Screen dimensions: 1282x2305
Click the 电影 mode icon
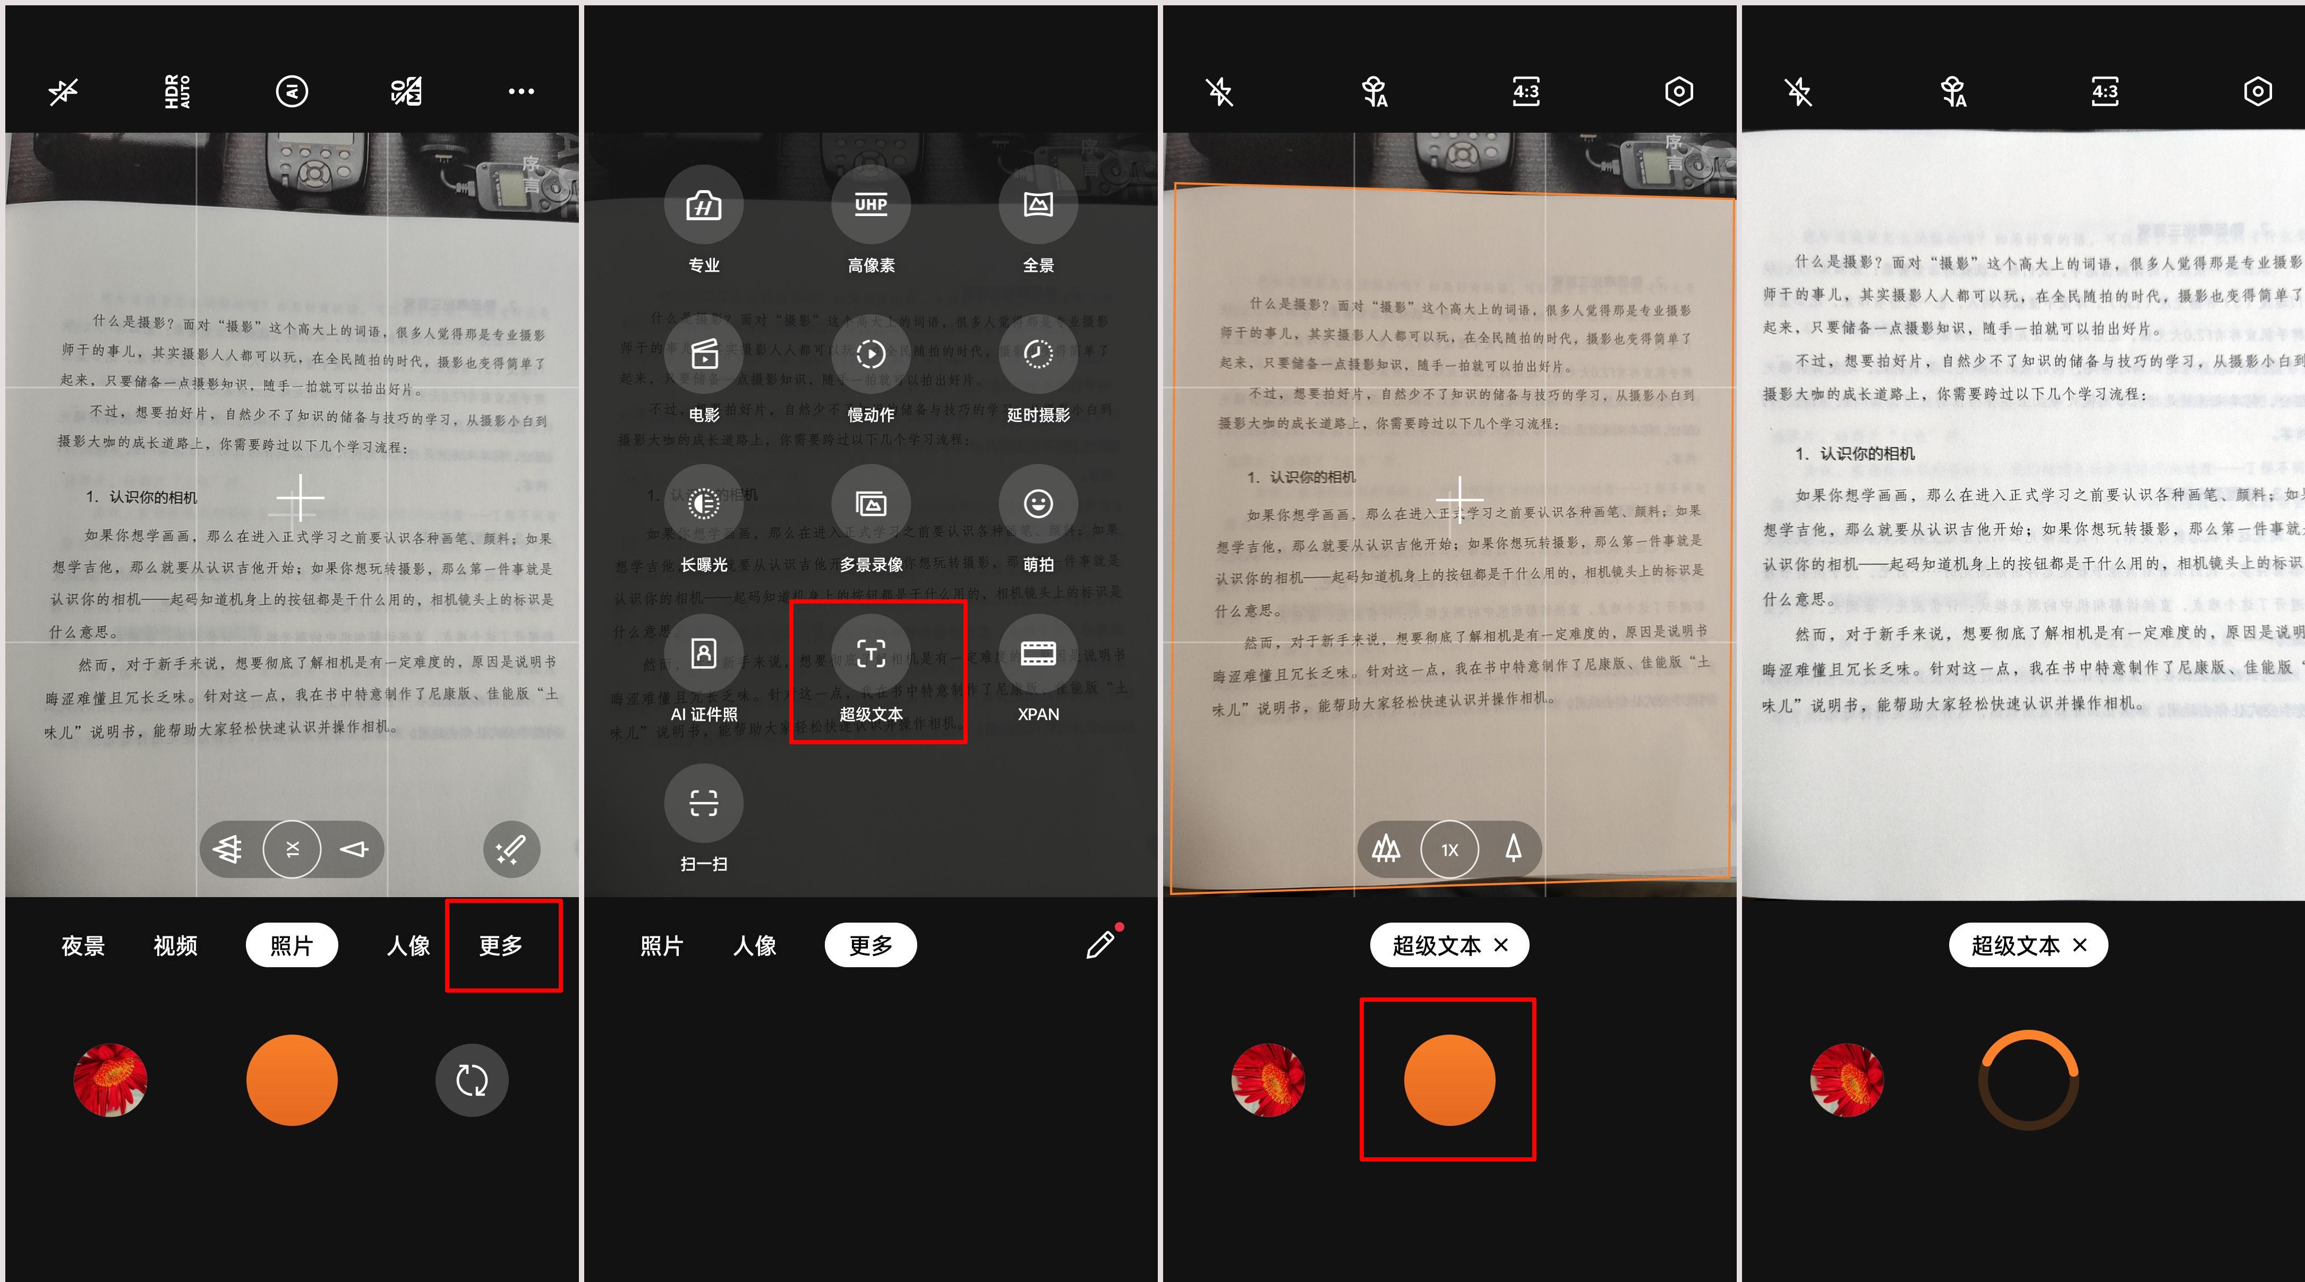[703, 354]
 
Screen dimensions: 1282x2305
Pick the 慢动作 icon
[870, 354]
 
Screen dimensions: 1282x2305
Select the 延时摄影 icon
[1038, 354]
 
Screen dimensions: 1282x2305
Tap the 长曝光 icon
[703, 504]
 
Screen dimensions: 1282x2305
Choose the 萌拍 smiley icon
[1038, 504]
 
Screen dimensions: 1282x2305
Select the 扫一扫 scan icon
[703, 803]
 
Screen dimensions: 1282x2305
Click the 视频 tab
[175, 945]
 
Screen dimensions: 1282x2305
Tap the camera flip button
[472, 1080]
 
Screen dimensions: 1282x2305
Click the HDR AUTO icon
[177, 91]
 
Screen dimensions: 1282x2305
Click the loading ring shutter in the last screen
[2028, 1080]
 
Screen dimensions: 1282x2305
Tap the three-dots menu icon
[521, 91]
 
